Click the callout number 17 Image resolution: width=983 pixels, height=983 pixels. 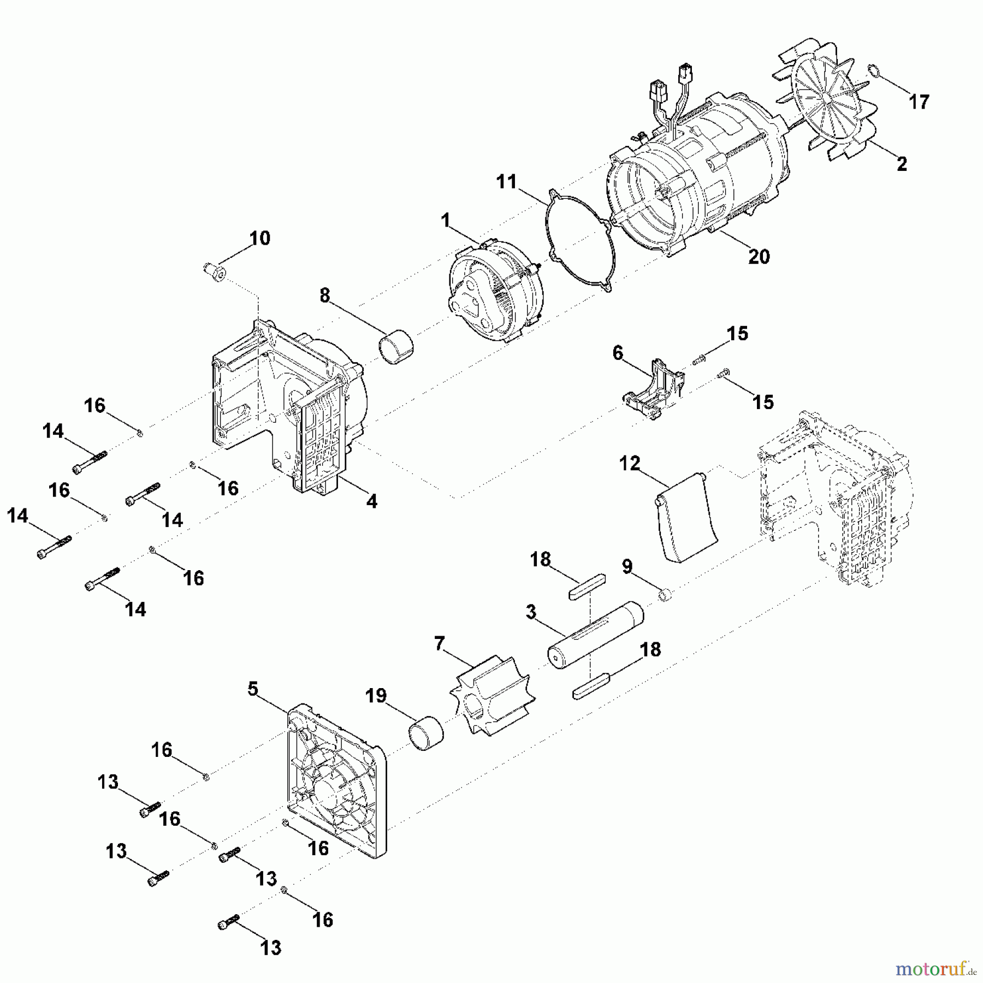pyautogui.click(x=919, y=102)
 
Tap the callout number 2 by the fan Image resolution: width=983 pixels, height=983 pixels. pyautogui.click(x=902, y=163)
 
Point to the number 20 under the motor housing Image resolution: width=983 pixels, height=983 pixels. pyautogui.click(x=759, y=256)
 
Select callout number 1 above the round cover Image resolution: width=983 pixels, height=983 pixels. pyautogui.click(x=446, y=221)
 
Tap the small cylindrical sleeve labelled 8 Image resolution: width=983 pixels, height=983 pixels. pyautogui.click(x=396, y=346)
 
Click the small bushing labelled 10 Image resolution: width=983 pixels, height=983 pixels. pyautogui.click(x=214, y=271)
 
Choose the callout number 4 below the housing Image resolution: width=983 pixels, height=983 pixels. pyautogui.click(x=371, y=501)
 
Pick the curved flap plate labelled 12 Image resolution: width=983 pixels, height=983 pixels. pyautogui.click(x=686, y=518)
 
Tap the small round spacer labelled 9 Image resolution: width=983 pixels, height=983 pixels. pyautogui.click(x=664, y=595)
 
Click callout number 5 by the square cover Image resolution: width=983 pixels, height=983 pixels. pyautogui.click(x=252, y=689)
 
